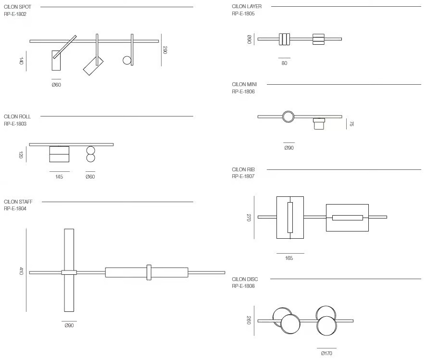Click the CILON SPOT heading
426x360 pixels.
coord(17,7)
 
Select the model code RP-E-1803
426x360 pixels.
coord(15,124)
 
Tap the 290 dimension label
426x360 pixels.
coord(164,50)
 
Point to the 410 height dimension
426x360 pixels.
coord(21,271)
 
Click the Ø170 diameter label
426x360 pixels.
coord(326,353)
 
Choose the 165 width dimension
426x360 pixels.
coord(289,258)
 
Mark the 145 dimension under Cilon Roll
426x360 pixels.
coord(59,177)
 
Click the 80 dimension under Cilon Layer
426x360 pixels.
coord(284,63)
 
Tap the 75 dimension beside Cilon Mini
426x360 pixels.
coord(351,124)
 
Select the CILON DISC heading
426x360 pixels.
coord(245,279)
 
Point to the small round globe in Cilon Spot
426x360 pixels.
coord(127,60)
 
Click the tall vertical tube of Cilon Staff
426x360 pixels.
coord(69,270)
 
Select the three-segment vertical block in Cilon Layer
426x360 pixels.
coord(285,39)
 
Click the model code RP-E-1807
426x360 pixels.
coord(243,176)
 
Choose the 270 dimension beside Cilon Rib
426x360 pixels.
coord(249,218)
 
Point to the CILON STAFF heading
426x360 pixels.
coord(18,202)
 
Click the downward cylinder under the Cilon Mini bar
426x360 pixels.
coord(319,124)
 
